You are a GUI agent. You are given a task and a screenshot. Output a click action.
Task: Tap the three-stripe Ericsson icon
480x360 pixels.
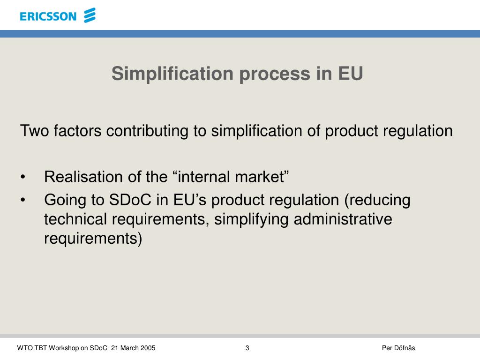click(90, 15)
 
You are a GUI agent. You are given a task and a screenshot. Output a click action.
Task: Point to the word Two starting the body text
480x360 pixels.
click(34, 131)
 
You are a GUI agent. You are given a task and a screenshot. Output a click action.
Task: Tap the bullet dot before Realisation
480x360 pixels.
click(23, 178)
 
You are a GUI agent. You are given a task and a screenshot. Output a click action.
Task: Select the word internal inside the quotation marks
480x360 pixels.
click(202, 177)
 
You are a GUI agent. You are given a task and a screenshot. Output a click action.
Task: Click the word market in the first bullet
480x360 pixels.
click(262, 177)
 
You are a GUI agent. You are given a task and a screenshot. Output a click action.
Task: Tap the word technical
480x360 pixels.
click(75, 219)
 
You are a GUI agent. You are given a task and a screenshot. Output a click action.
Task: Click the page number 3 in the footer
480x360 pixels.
click(247, 348)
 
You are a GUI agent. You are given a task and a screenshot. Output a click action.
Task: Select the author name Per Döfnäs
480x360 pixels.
click(398, 348)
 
